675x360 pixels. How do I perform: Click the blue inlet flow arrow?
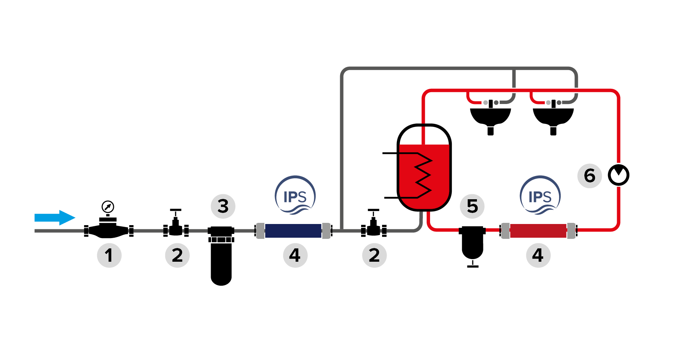(54, 218)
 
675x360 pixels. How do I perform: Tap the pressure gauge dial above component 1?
(108, 207)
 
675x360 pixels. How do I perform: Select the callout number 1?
(109, 255)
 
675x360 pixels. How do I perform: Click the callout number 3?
(223, 206)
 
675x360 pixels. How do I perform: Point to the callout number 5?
(472, 206)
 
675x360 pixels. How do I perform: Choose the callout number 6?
(589, 176)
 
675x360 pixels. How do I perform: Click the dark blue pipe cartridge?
(293, 231)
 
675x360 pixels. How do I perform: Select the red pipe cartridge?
(538, 231)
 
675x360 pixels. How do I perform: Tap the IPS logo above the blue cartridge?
(295, 195)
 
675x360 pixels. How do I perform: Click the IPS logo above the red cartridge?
(540, 195)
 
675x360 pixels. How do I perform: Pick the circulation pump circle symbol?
(618, 175)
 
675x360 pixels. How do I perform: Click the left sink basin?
(490, 116)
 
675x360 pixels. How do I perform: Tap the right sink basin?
(553, 116)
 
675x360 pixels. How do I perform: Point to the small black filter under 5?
(472, 244)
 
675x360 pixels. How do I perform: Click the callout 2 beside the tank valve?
(374, 255)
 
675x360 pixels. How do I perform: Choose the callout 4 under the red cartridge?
(538, 255)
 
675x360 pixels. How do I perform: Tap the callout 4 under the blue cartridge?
(295, 255)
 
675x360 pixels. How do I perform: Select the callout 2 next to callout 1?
(177, 255)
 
